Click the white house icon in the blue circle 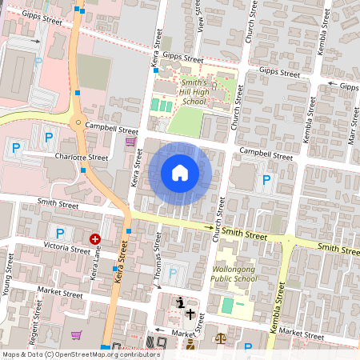(x=180, y=172)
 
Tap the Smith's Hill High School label (x=194, y=92)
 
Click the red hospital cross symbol (x=95, y=238)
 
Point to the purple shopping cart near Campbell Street (x=130, y=142)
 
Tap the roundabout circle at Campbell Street (x=78, y=123)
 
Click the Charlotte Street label (x=76, y=158)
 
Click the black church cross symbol (x=190, y=314)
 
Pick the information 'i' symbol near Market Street (x=181, y=302)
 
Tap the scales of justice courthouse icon (x=221, y=338)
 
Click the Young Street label (x=10, y=272)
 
